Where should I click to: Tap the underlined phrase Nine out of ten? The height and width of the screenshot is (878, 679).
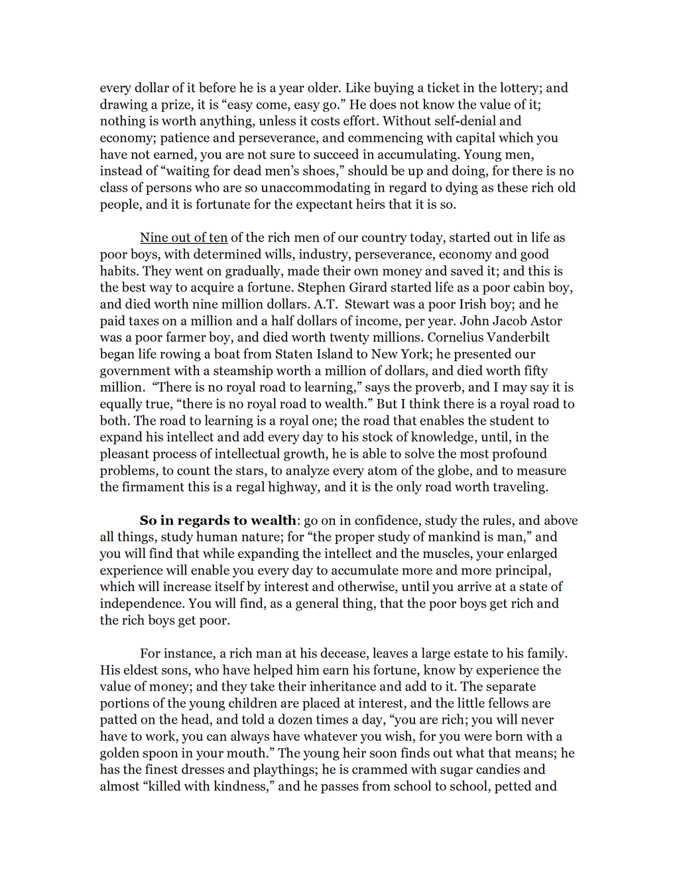(x=184, y=238)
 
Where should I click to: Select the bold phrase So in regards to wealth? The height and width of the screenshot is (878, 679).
(x=217, y=520)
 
